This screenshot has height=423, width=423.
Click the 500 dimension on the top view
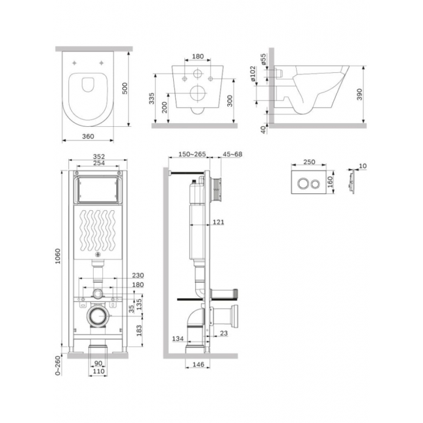pyautogui.click(x=125, y=89)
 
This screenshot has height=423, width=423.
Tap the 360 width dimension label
pyautogui.click(x=88, y=137)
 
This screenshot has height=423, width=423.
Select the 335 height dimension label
pyautogui.click(x=152, y=98)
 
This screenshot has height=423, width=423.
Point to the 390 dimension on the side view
pyautogui.click(x=359, y=95)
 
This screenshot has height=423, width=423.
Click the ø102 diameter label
pyautogui.click(x=252, y=74)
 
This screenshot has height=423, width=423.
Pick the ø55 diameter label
pyautogui.click(x=264, y=59)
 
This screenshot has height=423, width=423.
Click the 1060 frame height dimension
pyautogui.click(x=58, y=256)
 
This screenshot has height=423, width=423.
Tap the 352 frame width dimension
pyautogui.click(x=99, y=156)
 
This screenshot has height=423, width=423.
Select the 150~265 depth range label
pyautogui.click(x=192, y=154)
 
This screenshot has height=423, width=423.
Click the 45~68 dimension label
pyautogui.click(x=232, y=154)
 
